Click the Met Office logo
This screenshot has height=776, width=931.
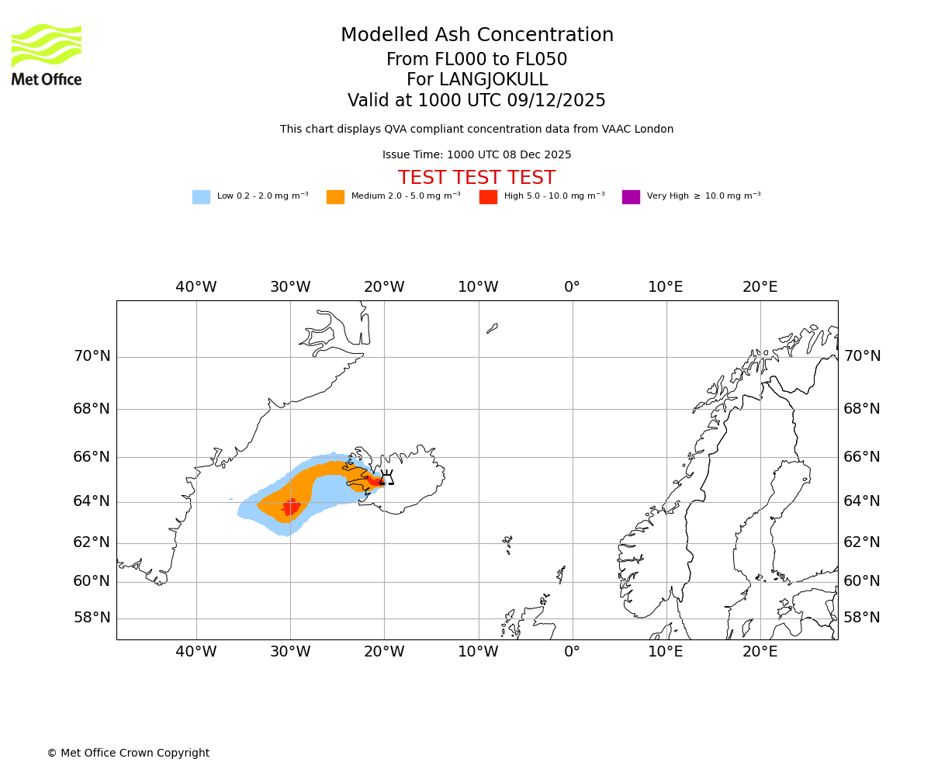pos(47,54)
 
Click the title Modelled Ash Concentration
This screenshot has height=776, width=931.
pos(476,35)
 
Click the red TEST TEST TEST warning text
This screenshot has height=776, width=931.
pos(476,178)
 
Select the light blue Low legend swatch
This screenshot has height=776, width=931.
pos(201,196)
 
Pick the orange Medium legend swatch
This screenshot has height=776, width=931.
pos(335,196)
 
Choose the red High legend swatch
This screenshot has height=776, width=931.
pos(488,196)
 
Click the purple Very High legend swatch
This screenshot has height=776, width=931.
pos(631,196)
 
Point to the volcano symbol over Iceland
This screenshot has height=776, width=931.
pos(386,478)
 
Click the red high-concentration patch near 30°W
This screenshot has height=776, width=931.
pos(291,508)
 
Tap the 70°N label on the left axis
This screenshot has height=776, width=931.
pos(92,356)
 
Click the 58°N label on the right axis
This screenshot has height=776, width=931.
pos(862,618)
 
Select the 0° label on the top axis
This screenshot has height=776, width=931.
pos(572,287)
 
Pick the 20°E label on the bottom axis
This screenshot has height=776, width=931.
pos(760,652)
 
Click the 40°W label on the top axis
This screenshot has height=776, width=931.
pos(196,287)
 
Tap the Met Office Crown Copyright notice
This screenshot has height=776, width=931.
pos(128,753)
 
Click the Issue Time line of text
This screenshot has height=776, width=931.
pos(476,154)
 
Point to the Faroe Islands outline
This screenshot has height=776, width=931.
pos(507,542)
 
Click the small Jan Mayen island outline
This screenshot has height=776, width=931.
pos(492,328)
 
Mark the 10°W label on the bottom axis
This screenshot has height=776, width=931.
pos(478,652)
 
